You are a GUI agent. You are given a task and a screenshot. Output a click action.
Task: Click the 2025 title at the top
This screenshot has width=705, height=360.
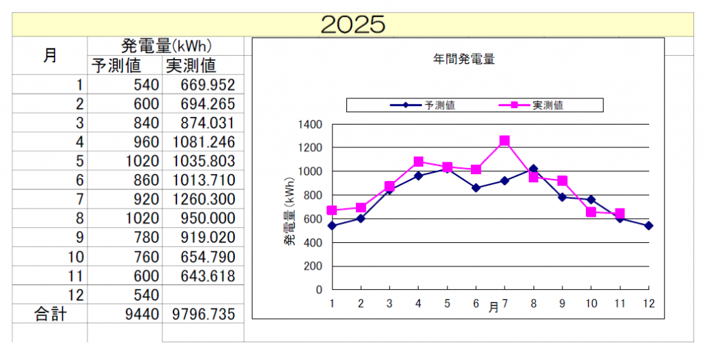[x=352, y=24]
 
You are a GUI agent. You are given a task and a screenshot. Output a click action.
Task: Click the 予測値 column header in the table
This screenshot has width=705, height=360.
[x=116, y=65]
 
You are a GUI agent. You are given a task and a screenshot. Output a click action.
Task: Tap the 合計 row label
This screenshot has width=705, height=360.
[x=50, y=314]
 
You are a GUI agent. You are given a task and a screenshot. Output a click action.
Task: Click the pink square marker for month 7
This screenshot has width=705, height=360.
[x=505, y=141]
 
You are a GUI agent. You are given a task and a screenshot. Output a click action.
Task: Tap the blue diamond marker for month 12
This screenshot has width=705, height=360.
[x=649, y=226]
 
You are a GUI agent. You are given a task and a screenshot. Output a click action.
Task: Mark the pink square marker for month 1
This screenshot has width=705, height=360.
[x=332, y=211]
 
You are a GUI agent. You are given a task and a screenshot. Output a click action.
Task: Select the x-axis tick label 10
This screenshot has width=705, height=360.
[x=591, y=303]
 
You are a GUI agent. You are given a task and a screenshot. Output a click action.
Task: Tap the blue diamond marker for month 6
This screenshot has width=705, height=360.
[x=476, y=188]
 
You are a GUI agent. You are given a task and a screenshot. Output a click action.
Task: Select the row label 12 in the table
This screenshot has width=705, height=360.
[x=78, y=295]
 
